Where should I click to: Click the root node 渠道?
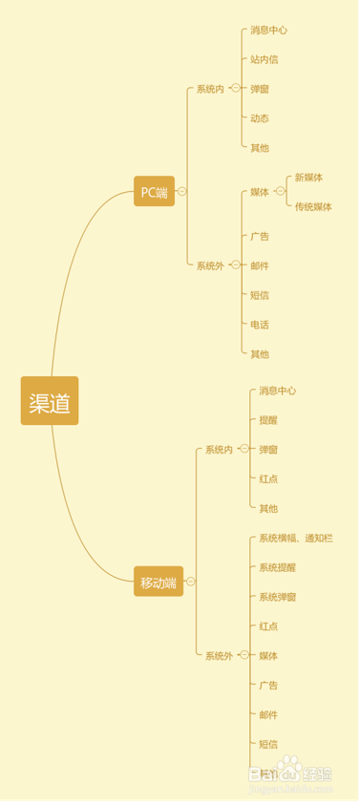[50, 401]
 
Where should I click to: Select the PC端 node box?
[154, 192]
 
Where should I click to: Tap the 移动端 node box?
[159, 582]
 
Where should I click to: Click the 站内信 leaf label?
[265, 59]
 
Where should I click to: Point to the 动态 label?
[260, 118]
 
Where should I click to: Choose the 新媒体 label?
[308, 178]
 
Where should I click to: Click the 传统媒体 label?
[313, 206]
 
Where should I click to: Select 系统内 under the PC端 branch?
[210, 89]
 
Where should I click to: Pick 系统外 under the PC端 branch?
[210, 265]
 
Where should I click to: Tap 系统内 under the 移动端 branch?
[219, 449]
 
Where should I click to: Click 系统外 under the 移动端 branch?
[219, 655]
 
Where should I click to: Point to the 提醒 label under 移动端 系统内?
[268, 420]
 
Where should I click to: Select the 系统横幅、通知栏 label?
[296, 539]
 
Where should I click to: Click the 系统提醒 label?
[277, 567]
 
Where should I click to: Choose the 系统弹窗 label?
[277, 597]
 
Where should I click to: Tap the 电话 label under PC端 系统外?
[260, 325]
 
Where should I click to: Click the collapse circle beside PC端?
[182, 191]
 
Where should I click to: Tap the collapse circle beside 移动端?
[191, 581]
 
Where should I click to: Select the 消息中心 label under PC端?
[268, 30]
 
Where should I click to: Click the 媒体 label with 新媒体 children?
[260, 192]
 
